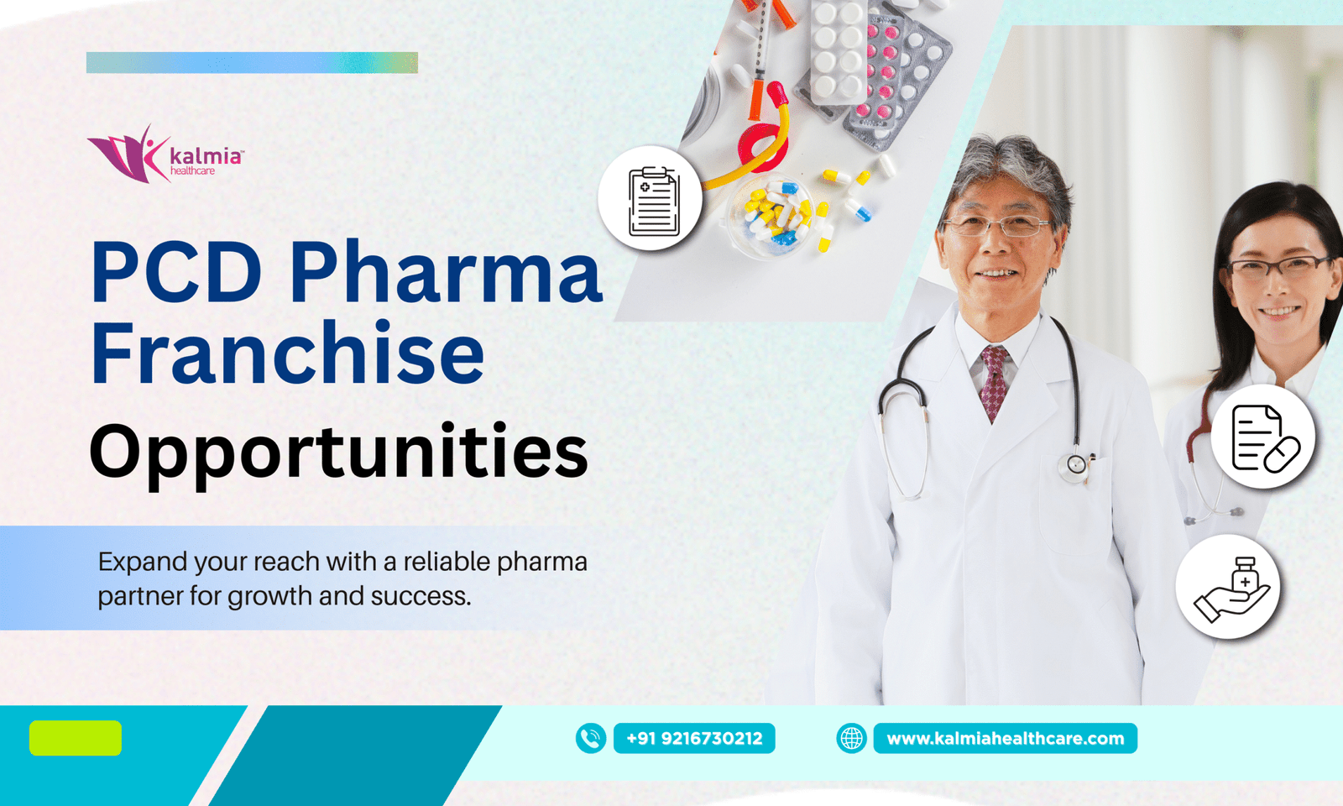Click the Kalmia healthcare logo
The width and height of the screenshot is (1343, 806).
(165, 154)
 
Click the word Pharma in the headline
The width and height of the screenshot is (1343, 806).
(446, 272)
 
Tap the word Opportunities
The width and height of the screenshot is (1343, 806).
(339, 453)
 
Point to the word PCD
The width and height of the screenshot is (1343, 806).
(176, 272)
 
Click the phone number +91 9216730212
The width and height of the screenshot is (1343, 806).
(694, 738)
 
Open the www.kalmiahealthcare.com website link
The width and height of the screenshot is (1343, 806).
(1006, 738)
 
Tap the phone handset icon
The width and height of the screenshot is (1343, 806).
(591, 738)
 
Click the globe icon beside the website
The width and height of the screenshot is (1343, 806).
(851, 738)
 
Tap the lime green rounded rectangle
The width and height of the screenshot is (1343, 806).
(76, 738)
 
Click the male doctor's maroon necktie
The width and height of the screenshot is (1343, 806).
(995, 382)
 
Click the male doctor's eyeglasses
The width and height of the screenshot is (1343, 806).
(997, 226)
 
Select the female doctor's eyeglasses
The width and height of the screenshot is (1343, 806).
(1277, 268)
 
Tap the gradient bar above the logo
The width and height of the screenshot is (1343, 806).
(252, 62)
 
